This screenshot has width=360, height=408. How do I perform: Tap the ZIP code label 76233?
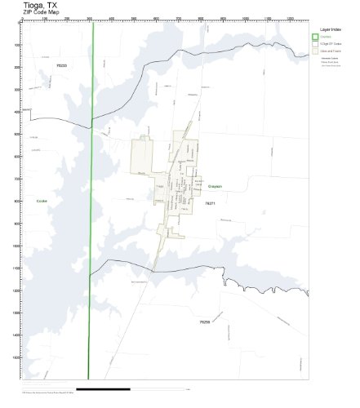click(60, 64)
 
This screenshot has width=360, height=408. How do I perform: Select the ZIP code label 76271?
click(210, 203)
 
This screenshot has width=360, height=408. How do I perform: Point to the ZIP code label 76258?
click(205, 322)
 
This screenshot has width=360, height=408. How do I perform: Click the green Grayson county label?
click(214, 186)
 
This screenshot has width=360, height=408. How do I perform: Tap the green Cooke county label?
click(42, 200)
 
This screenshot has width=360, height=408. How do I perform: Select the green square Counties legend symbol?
click(315, 37)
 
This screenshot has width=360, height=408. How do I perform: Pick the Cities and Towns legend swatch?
click(315, 51)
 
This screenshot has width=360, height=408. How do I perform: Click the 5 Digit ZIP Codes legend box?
click(315, 44)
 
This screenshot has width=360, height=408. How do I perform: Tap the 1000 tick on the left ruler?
click(18, 246)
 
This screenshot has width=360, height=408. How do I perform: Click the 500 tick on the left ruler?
click(18, 134)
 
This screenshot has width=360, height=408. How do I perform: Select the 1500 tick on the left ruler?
click(18, 357)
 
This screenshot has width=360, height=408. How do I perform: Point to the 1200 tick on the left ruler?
click(18, 290)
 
